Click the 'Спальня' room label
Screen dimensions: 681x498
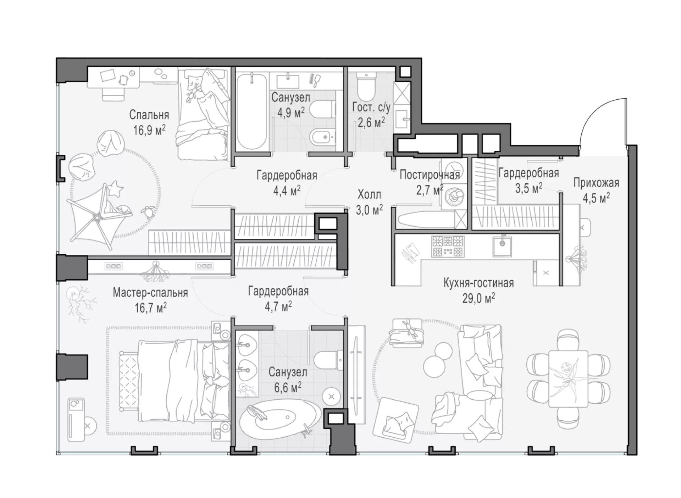pyautogui.click(x=149, y=115)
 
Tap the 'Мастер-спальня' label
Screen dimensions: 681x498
pyautogui.click(x=150, y=293)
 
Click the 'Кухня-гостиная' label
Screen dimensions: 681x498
pyautogui.click(x=478, y=283)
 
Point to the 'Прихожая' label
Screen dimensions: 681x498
pyautogui.click(x=596, y=183)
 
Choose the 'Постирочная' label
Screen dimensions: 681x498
pyautogui.click(x=430, y=175)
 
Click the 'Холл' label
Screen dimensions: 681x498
pyautogui.click(x=369, y=194)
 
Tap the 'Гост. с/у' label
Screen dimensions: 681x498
pyautogui.click(x=371, y=107)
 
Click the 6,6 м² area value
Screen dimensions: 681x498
pyautogui.click(x=288, y=387)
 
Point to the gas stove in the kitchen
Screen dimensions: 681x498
pyautogui.click(x=448, y=247)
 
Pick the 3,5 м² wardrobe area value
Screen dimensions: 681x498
pyautogui.click(x=528, y=188)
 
